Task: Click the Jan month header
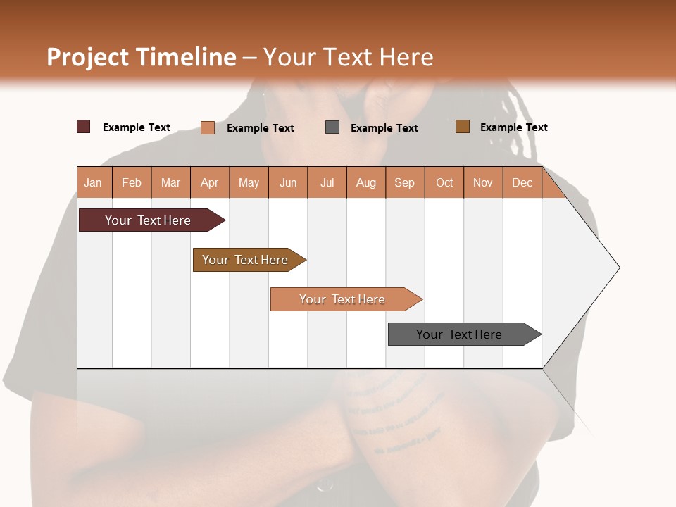click(x=94, y=182)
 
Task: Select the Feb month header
click(x=132, y=182)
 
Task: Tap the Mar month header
click(x=170, y=182)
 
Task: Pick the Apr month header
click(x=210, y=182)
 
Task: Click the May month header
click(x=249, y=182)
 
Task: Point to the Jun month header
click(x=288, y=182)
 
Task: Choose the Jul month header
click(x=327, y=182)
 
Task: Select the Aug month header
click(x=366, y=182)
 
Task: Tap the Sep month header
click(x=405, y=182)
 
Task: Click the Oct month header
click(x=444, y=182)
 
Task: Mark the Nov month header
click(x=483, y=182)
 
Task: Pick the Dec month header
click(x=522, y=182)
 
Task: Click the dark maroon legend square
click(x=84, y=127)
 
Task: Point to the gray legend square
click(x=332, y=127)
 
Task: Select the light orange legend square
click(x=208, y=127)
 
